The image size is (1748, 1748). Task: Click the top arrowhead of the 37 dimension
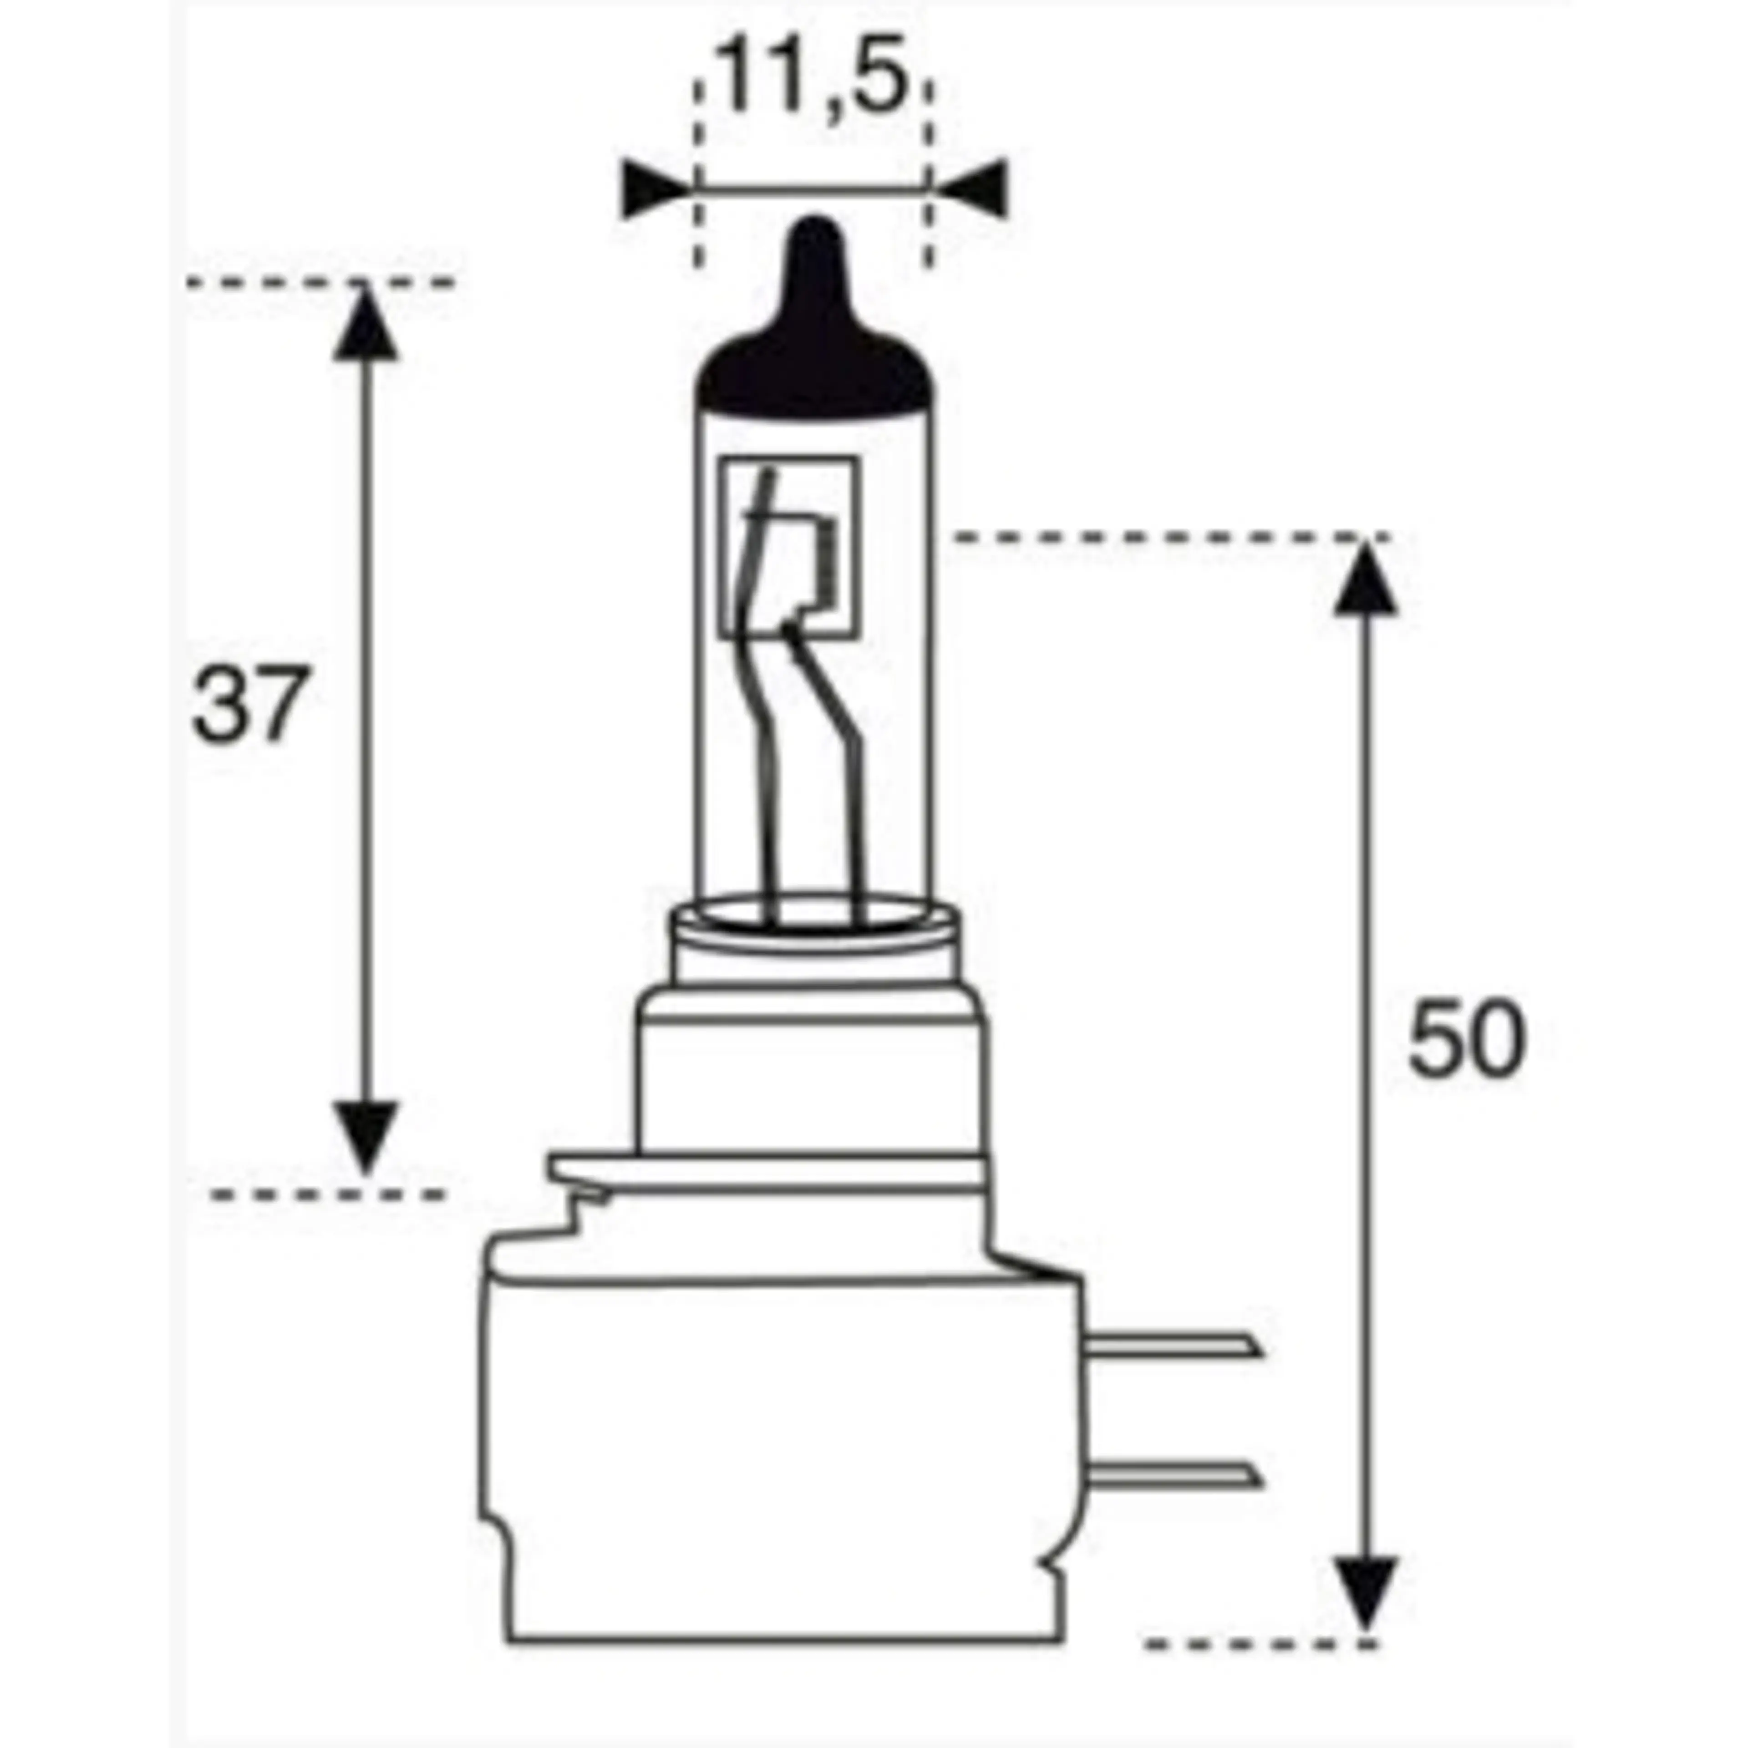(x=366, y=326)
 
